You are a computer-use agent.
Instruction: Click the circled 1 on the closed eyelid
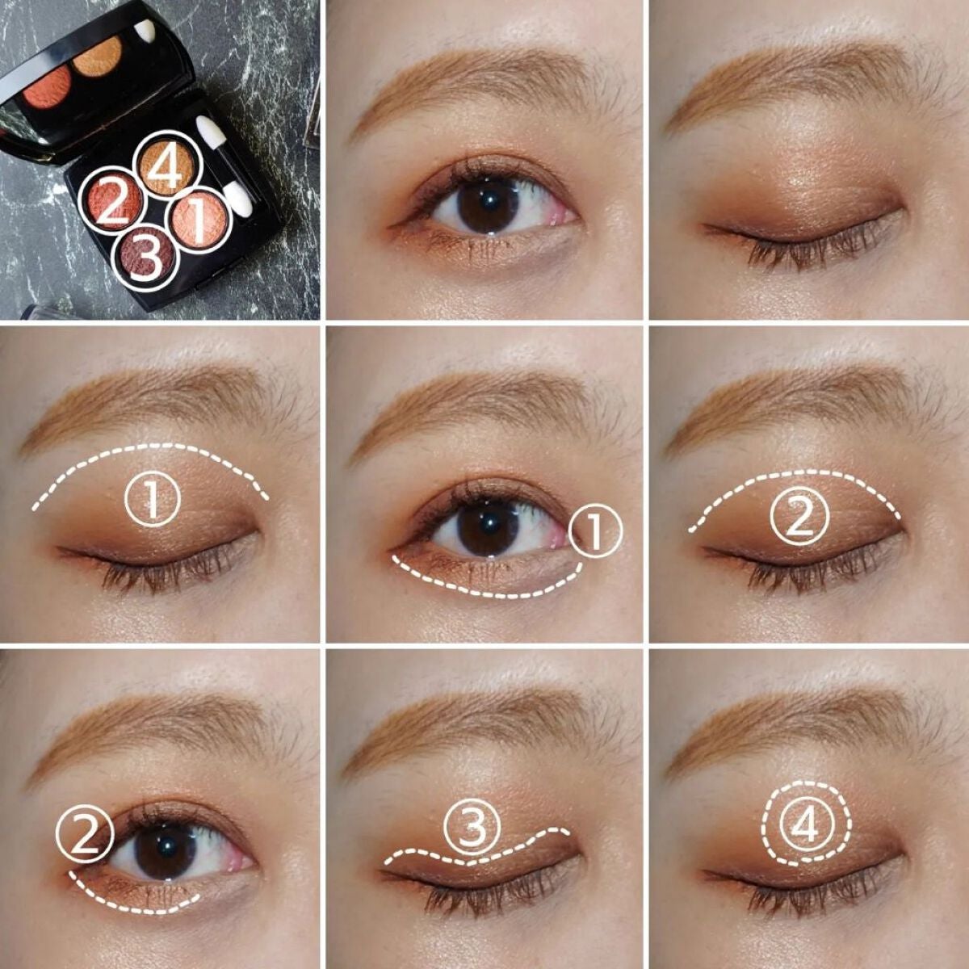tap(153, 500)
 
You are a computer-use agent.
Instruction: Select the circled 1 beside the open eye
tap(595, 531)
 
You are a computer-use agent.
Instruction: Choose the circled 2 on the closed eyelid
tap(799, 518)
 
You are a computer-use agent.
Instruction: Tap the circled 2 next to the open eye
tap(85, 836)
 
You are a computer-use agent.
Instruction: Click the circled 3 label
tap(472, 827)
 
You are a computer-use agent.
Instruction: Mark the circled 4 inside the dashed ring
tap(805, 825)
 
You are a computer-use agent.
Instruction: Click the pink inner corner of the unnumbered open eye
tap(565, 216)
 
